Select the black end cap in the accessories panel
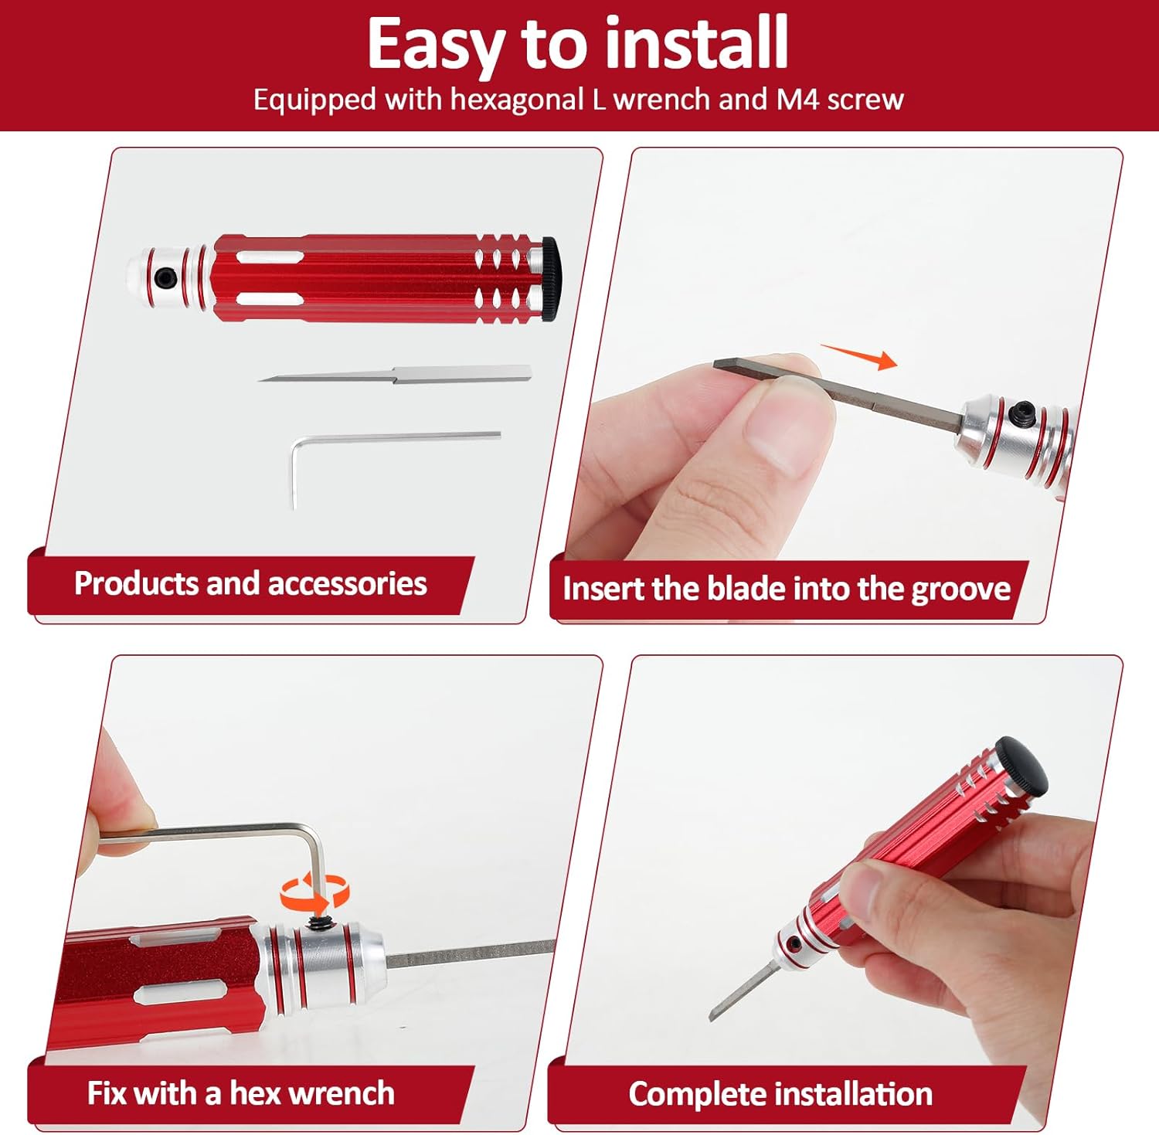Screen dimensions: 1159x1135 tap(549, 278)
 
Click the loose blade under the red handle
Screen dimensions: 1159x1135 tap(395, 375)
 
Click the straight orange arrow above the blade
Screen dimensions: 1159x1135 tap(858, 356)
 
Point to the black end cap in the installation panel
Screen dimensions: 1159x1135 tap(1021, 764)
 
